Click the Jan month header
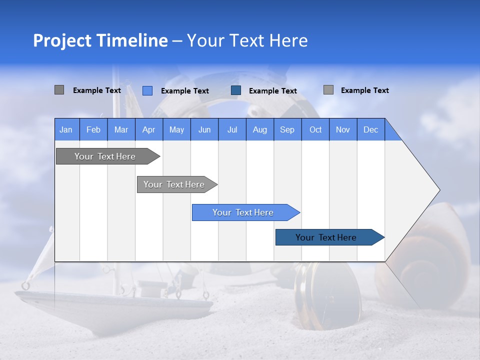[x=66, y=129]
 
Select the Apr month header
[x=148, y=129]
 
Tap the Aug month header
[x=259, y=129]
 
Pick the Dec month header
[x=370, y=129]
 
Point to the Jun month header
[x=204, y=129]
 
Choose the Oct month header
[x=315, y=129]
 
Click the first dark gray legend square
[x=59, y=90]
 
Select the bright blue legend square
[x=147, y=90]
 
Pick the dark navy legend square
[x=236, y=90]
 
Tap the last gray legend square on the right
[x=328, y=90]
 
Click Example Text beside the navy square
[x=272, y=91]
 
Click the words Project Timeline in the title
[x=100, y=40]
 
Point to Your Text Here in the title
[x=247, y=40]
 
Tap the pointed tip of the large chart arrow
[x=437, y=190]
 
